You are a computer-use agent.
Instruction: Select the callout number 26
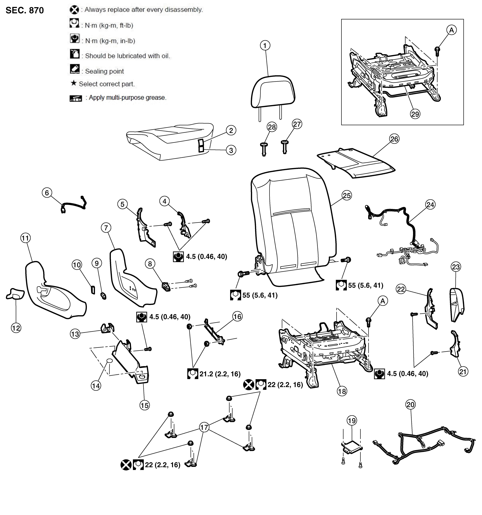[x=394, y=139]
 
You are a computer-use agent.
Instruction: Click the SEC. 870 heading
[x=25, y=10]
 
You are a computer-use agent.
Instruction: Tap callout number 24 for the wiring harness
[x=430, y=205]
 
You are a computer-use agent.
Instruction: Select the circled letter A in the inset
[x=452, y=30]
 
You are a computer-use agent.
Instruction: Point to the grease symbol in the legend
[x=76, y=98]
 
